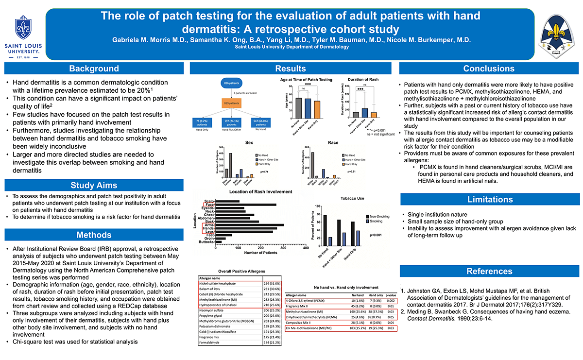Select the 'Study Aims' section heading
[94, 185]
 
